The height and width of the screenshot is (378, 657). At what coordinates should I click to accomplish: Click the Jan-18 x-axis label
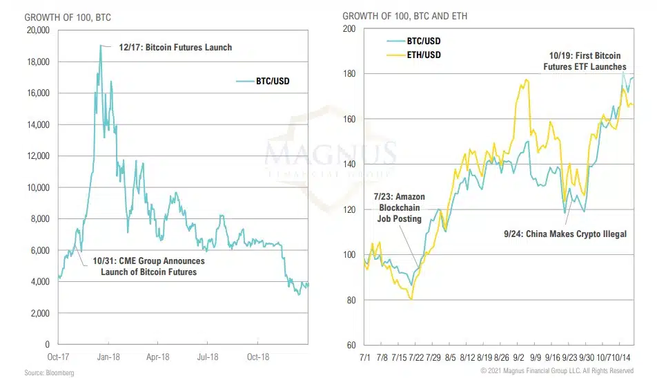[x=108, y=357]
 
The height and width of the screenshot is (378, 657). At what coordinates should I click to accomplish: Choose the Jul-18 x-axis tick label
[x=208, y=357]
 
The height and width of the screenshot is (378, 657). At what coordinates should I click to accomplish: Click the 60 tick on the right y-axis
[x=351, y=346]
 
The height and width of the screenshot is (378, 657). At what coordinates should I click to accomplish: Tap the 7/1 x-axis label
[x=364, y=358]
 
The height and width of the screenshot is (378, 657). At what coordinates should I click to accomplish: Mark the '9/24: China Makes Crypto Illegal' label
[x=565, y=234]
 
